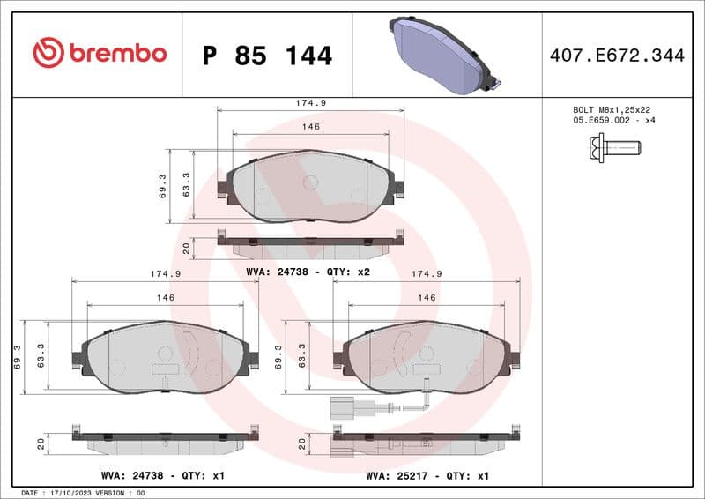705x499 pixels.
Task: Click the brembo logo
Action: (x=100, y=54)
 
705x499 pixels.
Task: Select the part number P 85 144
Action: (x=267, y=56)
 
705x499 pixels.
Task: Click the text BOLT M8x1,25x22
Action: (x=611, y=109)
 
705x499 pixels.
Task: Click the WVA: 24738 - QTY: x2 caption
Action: (x=308, y=272)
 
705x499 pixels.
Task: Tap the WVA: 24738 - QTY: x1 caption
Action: (x=163, y=475)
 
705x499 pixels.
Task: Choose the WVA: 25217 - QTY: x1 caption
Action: (x=427, y=475)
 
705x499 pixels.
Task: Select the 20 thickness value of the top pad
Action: (x=187, y=249)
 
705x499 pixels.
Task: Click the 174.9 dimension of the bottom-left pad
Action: (x=166, y=274)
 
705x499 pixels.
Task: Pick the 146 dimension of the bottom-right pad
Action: (x=427, y=298)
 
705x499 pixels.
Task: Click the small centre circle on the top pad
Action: (x=310, y=182)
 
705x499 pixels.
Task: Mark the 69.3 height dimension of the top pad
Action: (x=163, y=186)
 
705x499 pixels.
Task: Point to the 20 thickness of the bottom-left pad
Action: (x=41, y=444)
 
